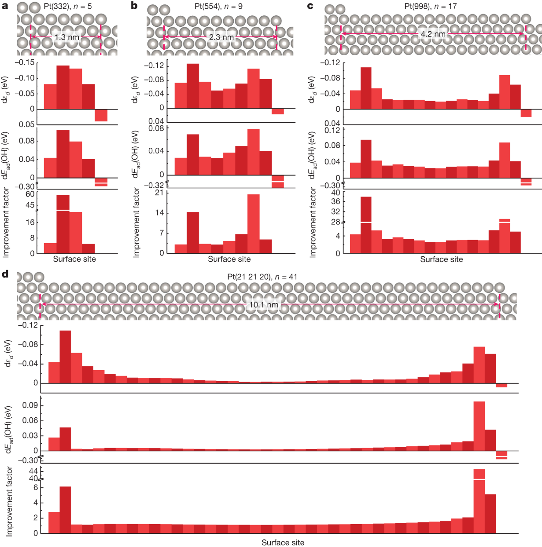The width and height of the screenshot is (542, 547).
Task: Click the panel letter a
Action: (x=5, y=6)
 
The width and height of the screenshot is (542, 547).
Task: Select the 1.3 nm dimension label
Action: (x=67, y=37)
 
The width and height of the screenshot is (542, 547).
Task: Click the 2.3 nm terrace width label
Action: (x=221, y=37)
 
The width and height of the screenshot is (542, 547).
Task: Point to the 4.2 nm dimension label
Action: (x=433, y=34)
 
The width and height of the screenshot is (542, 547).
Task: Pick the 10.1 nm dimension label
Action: (x=264, y=305)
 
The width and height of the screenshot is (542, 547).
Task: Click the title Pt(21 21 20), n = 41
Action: (x=262, y=277)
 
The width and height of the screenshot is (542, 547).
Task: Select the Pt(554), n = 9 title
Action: (x=218, y=6)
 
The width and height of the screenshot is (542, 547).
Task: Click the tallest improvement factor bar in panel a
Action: (x=63, y=224)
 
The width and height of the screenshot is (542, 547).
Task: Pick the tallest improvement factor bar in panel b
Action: (x=253, y=223)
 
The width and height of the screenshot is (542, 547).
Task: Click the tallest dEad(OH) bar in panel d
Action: (x=479, y=426)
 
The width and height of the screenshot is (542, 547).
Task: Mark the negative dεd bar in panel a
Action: (x=101, y=115)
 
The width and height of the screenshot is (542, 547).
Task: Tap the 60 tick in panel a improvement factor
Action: (x=30, y=194)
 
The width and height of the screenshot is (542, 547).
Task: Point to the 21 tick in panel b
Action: (x=159, y=193)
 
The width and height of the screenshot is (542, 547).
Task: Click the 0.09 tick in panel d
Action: (x=30, y=405)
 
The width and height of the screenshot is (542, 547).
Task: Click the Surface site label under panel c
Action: (x=441, y=259)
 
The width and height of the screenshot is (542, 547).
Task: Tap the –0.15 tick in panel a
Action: (x=25, y=62)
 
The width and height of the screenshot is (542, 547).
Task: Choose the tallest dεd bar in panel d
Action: (x=65, y=356)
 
